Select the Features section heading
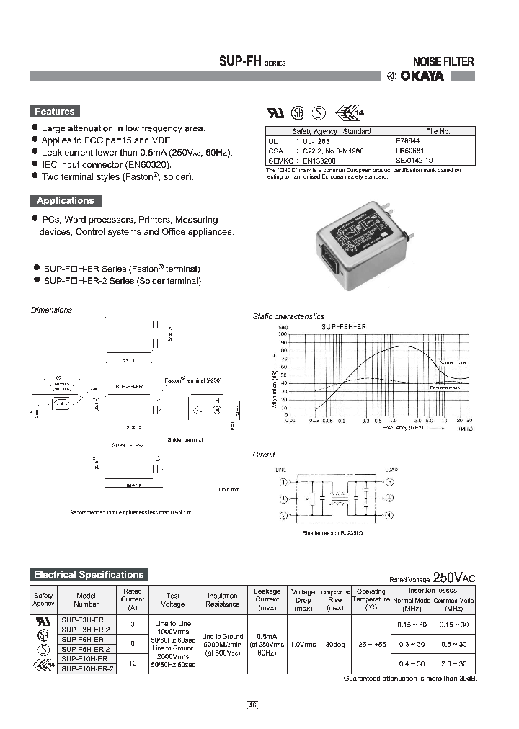[x=55, y=112]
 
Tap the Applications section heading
[x=66, y=201]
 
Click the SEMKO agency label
[x=278, y=161]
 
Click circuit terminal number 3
[x=390, y=482]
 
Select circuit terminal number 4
[x=390, y=515]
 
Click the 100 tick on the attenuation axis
[x=283, y=334]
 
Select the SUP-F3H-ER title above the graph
[x=343, y=326]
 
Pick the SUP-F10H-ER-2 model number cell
[x=86, y=668]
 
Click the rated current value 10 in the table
[x=132, y=663]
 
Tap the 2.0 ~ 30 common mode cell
[x=453, y=663]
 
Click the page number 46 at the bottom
[x=252, y=705]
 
